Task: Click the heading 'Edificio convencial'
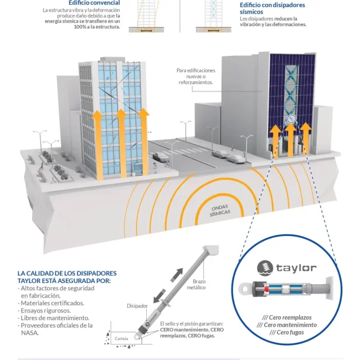94,3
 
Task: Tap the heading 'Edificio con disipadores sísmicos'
272,8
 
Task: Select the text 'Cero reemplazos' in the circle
287,317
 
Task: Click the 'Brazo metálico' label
196,284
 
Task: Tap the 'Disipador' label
137,306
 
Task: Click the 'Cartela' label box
121,338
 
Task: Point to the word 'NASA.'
30,333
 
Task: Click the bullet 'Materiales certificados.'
52,303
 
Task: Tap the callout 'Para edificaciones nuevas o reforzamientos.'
196,76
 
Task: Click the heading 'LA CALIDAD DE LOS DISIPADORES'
67,273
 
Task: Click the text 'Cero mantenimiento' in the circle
287,325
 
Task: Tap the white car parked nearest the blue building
235,159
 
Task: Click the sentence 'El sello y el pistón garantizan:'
191,323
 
